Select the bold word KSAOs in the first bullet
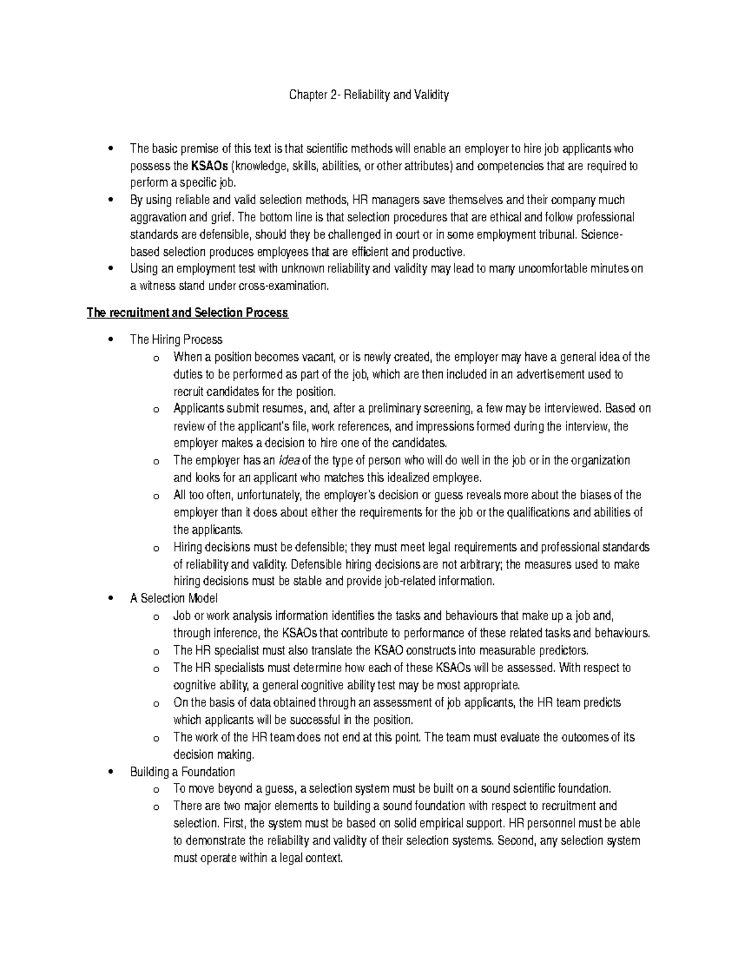pyautogui.click(x=209, y=166)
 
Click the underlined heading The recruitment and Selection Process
pyautogui.click(x=187, y=313)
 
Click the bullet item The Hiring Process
pyautogui.click(x=176, y=339)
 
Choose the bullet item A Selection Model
pyautogui.click(x=174, y=598)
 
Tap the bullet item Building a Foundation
pyautogui.click(x=182, y=771)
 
